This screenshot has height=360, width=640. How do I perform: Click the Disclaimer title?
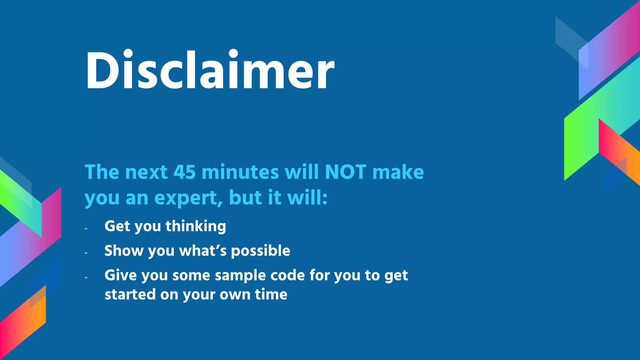(x=210, y=70)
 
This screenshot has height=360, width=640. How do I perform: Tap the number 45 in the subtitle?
(x=184, y=172)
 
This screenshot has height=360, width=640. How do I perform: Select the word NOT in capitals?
(x=345, y=172)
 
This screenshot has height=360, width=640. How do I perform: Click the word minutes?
(x=240, y=172)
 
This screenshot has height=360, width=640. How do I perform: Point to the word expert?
(x=188, y=198)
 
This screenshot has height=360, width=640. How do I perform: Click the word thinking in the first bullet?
(x=196, y=226)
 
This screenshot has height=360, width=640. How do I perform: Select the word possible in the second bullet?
(x=260, y=251)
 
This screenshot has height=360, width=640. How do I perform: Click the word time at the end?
(x=271, y=294)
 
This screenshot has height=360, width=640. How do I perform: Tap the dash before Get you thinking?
(x=86, y=229)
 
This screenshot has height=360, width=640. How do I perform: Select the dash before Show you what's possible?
(x=86, y=253)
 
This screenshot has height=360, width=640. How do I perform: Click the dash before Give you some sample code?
(x=86, y=277)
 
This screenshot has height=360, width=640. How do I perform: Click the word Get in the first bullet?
(x=117, y=226)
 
